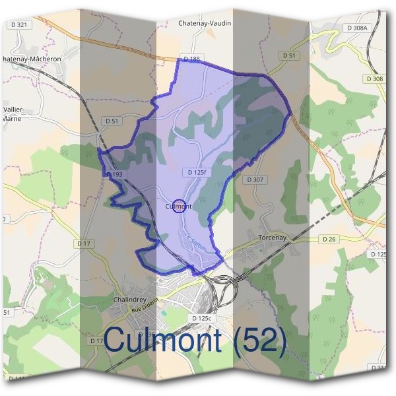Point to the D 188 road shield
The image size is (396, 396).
coord(191,59)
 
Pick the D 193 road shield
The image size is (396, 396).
coord(114,174)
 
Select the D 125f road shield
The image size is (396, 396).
coord(196,172)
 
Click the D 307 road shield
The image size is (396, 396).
coord(255,180)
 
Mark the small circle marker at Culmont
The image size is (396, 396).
coord(178,206)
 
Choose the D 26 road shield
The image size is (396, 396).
coord(329,238)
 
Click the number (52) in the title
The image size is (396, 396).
coord(259,341)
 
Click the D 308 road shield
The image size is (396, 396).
coord(374,79)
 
